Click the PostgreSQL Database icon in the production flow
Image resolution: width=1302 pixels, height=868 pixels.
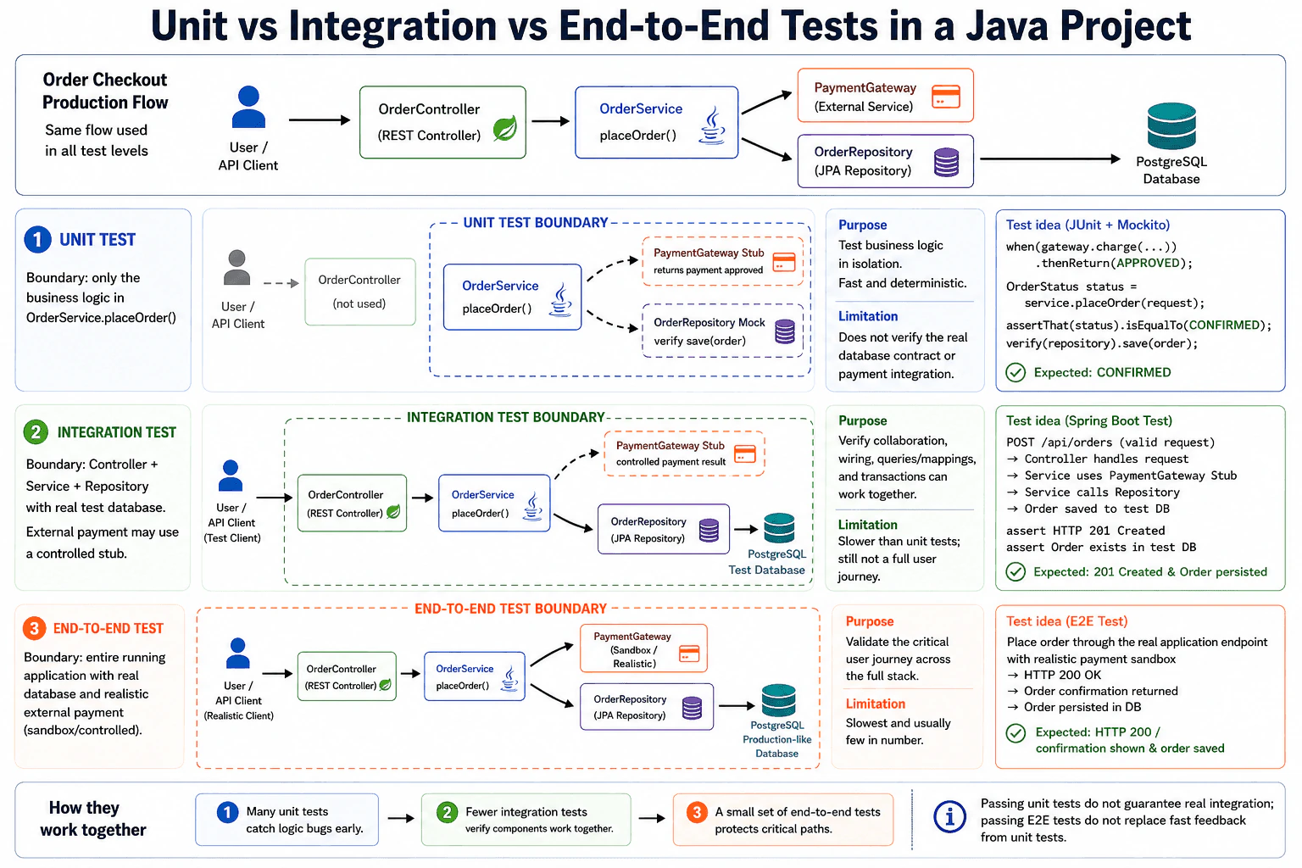[x=1171, y=126]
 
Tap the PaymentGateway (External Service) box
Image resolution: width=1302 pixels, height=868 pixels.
[x=885, y=95]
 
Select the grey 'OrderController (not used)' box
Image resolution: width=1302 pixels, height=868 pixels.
[x=360, y=292]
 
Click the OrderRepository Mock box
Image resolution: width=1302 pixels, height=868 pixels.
[x=723, y=331]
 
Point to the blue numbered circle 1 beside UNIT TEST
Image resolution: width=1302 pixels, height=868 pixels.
[x=38, y=240]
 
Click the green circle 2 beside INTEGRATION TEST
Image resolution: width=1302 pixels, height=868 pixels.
[x=36, y=432]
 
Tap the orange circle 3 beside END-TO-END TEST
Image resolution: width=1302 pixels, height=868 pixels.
[x=34, y=628]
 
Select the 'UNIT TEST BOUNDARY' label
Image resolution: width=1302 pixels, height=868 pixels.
[x=536, y=223]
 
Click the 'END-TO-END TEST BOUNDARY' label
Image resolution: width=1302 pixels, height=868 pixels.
[x=510, y=609]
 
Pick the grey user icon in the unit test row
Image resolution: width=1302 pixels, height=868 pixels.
[x=237, y=267]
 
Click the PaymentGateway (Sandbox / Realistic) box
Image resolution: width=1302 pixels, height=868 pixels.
[x=643, y=648]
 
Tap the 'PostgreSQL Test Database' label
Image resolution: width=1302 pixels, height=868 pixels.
[x=767, y=562]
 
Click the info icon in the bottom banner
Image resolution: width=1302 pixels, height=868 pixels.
[x=949, y=817]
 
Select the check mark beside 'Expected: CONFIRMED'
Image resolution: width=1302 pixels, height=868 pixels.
[x=1015, y=372]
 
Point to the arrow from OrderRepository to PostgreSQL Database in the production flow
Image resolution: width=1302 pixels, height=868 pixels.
[x=1050, y=159]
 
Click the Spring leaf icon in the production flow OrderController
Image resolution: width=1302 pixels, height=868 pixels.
[x=505, y=129]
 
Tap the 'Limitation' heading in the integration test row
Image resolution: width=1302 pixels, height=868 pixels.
[x=868, y=525]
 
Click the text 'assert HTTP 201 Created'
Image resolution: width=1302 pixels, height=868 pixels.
[x=1086, y=531]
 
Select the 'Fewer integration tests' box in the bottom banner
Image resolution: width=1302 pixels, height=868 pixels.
[x=526, y=820]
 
